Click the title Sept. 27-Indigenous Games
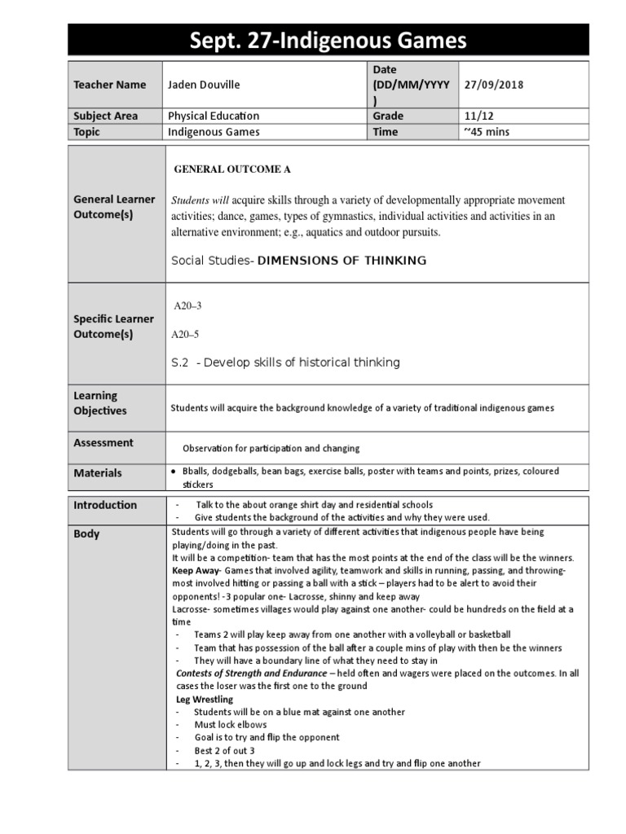coord(328,39)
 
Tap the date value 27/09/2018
coord(494,85)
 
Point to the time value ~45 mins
coord(487,132)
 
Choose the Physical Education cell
coord(214,116)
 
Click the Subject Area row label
coord(106,116)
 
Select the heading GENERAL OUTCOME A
coord(233,169)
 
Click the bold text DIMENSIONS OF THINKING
coord(342,261)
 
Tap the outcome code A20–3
coord(187,305)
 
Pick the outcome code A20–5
coord(185,334)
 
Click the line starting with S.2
coord(285,362)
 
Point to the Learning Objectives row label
coord(100,403)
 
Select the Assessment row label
coord(104,443)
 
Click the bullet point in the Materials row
coord(174,472)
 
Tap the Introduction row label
coord(105,505)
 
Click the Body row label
coord(86,534)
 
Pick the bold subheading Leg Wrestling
coord(205,699)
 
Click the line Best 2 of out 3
coord(224,750)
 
